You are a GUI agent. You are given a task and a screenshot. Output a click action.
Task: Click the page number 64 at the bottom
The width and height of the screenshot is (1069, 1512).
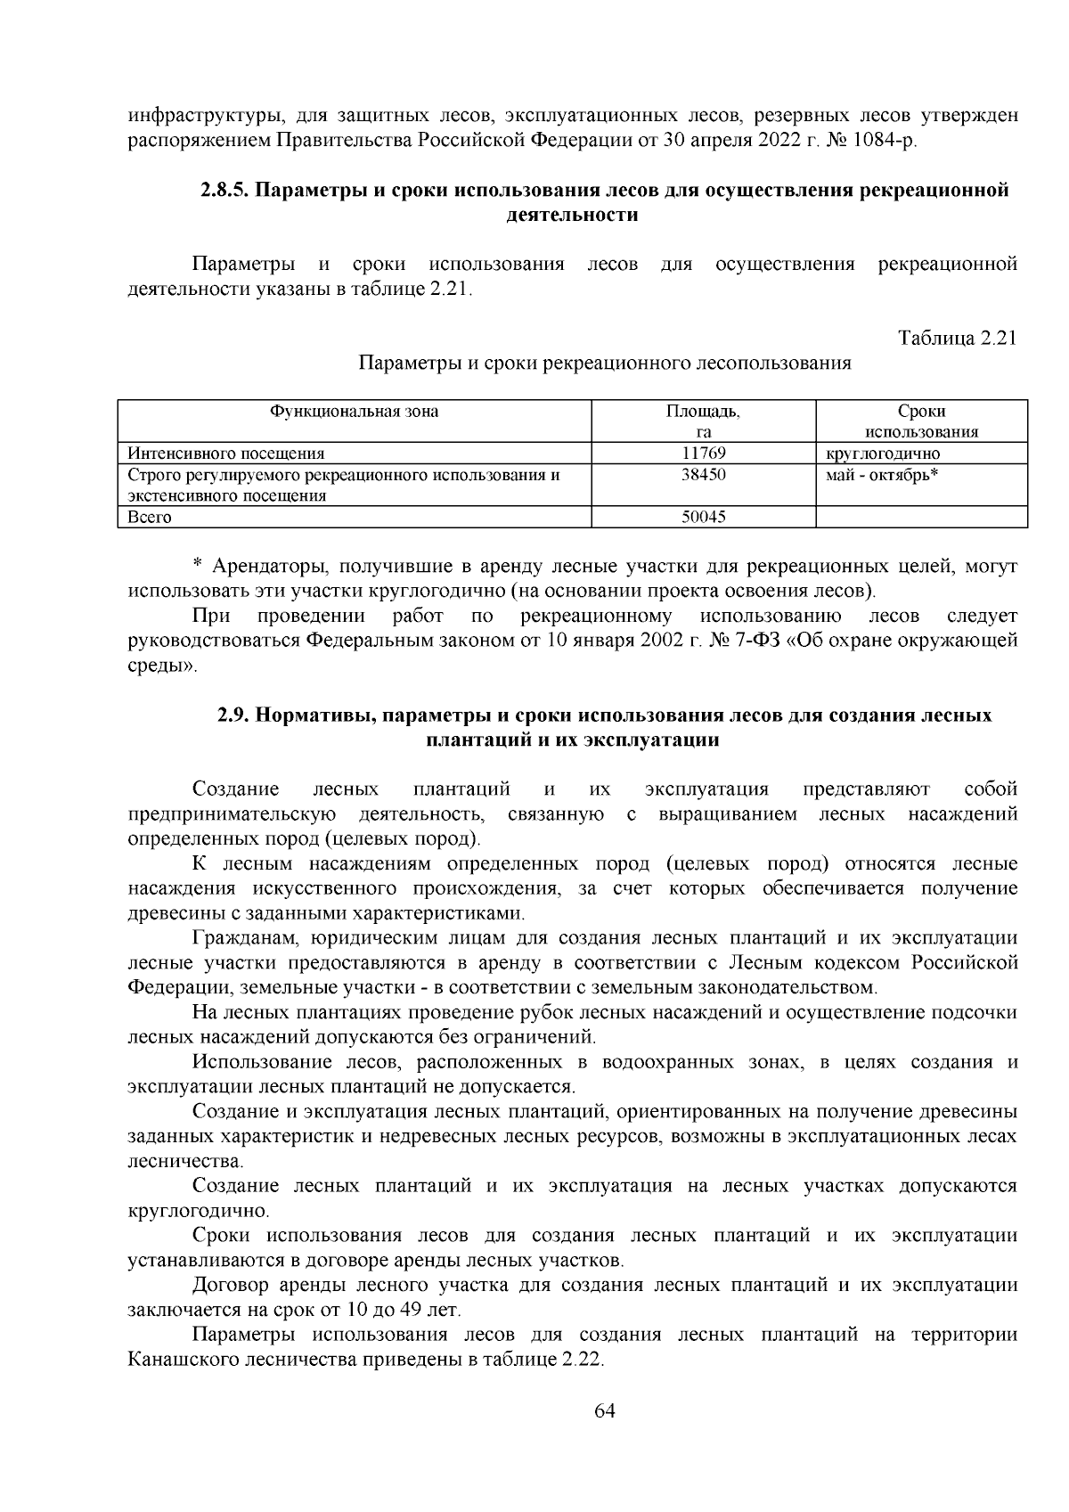(x=605, y=1410)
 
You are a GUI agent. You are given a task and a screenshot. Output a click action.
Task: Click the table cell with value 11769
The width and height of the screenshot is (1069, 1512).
(x=703, y=454)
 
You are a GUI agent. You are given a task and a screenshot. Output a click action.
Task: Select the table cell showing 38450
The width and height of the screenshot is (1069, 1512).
(x=703, y=475)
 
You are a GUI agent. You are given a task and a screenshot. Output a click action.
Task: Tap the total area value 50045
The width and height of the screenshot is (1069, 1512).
(x=703, y=517)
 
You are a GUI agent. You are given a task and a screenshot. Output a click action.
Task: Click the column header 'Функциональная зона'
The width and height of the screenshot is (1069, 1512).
(x=355, y=412)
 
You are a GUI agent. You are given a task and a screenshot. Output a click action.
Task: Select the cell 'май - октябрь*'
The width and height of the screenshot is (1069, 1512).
(x=882, y=475)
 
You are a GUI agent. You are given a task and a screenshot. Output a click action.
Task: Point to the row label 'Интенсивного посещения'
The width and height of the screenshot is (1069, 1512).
(x=226, y=454)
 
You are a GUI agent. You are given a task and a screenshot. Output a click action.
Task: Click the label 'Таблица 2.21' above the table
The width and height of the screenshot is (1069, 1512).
(x=957, y=339)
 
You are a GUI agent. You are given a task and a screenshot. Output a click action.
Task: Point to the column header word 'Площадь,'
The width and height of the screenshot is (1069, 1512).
(x=703, y=412)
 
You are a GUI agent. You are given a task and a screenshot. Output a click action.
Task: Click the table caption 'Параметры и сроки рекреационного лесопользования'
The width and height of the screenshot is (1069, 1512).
(x=605, y=364)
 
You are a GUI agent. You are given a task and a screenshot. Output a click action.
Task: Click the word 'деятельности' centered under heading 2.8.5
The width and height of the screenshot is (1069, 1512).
(x=571, y=215)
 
